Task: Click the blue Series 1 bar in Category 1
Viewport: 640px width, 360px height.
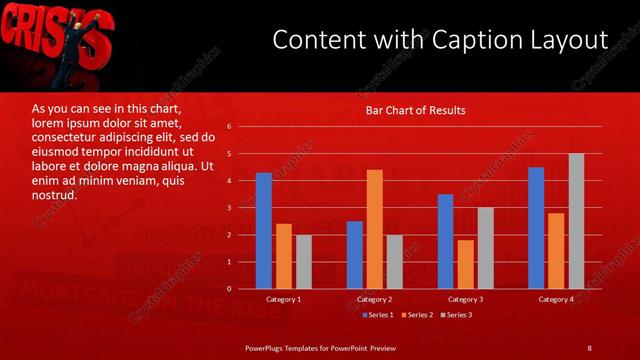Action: pos(263,231)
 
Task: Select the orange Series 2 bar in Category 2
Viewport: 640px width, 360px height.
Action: pos(374,229)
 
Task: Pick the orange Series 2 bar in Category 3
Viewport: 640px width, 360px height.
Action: pos(465,264)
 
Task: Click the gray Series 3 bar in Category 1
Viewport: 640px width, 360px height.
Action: pos(303,262)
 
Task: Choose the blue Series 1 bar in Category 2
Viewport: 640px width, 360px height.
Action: pos(354,255)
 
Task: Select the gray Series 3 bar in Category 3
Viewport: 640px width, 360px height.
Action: pos(485,248)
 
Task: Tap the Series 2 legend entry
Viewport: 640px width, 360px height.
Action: pos(417,315)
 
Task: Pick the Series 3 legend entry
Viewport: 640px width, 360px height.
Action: pos(457,315)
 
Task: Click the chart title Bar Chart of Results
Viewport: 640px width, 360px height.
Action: pos(415,110)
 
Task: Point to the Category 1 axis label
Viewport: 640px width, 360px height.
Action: pos(283,299)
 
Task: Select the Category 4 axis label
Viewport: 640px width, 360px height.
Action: pos(556,299)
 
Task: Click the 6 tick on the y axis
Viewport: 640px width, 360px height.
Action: pos(229,127)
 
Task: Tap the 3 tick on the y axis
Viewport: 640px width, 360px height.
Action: pos(229,208)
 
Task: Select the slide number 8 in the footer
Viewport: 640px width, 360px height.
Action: pos(589,347)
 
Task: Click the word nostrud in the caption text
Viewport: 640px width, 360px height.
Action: pos(54,195)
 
